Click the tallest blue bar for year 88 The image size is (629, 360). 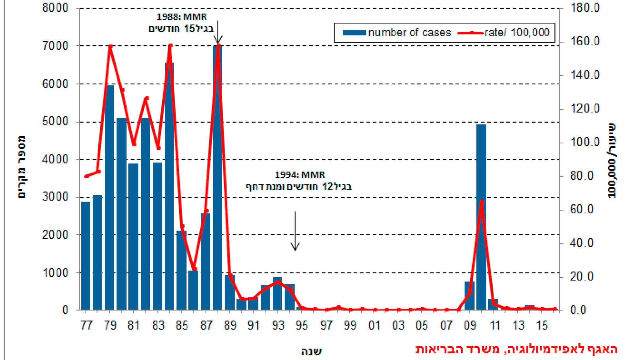click(x=217, y=178)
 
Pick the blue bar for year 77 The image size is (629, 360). click(x=86, y=255)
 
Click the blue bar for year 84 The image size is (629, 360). click(x=169, y=186)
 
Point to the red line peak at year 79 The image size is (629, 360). click(x=110, y=46)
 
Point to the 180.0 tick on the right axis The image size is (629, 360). click(x=585, y=8)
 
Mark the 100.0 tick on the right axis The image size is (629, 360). click(x=585, y=142)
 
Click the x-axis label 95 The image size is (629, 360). click(x=302, y=326)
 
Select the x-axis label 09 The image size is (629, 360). click(x=470, y=326)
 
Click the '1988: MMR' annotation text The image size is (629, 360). click(x=181, y=17)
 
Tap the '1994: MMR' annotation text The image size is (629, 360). click(x=300, y=175)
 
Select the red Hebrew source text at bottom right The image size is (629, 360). click(x=516, y=349)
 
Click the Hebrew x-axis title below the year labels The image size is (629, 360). click(x=311, y=351)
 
